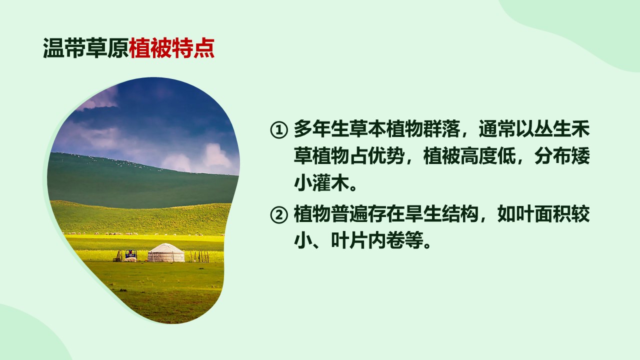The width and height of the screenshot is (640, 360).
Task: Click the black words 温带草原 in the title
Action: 86,48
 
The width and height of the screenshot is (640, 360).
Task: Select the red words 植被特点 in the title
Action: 171,48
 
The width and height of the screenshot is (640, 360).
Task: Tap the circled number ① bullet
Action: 279,130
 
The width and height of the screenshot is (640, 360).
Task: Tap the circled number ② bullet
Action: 279,215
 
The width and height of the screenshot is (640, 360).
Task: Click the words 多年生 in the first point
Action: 321,129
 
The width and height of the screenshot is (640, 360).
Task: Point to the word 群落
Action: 441,129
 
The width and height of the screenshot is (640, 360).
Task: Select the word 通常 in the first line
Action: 497,129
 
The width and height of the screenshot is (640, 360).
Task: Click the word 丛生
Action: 552,129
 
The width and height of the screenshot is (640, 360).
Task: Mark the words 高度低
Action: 488,156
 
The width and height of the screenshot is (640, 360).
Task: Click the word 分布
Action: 552,156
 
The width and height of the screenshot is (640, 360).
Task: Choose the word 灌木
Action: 331,183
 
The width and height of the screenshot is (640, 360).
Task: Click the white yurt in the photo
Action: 166,252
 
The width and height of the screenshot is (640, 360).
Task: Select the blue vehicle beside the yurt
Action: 131,255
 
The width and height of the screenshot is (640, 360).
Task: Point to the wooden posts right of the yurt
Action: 199,256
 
